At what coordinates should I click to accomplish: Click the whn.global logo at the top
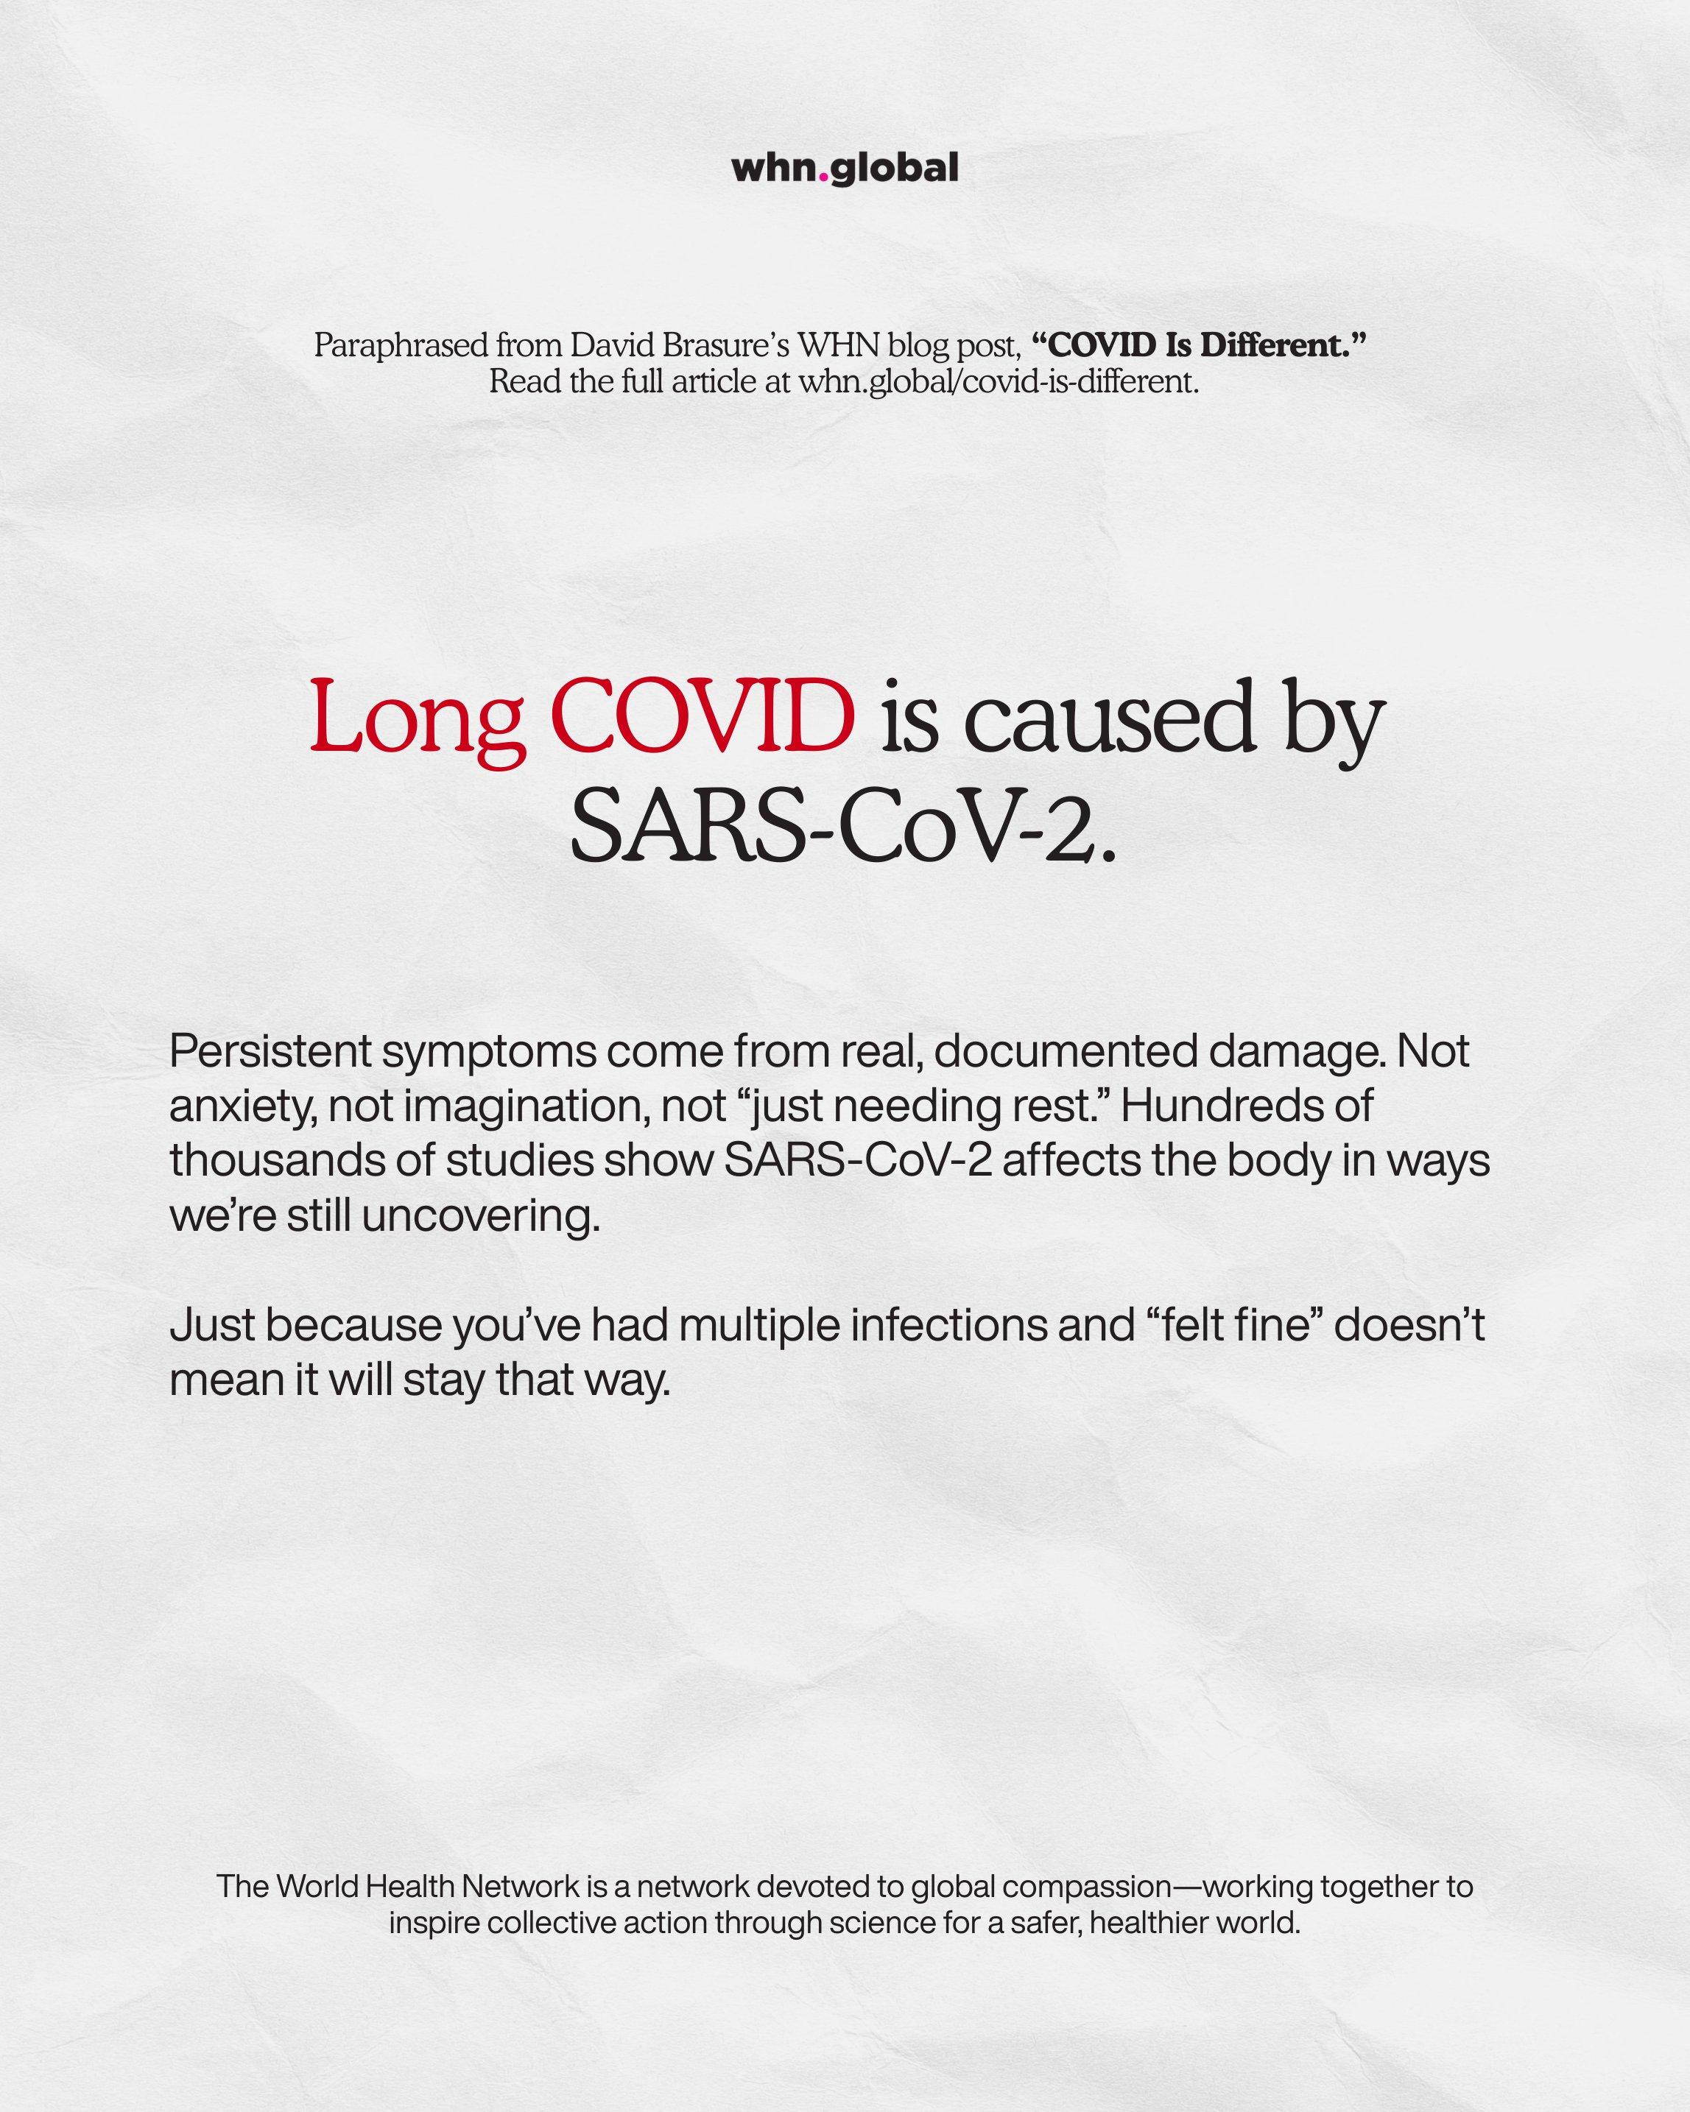(x=845, y=169)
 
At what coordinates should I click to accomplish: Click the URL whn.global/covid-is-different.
(x=997, y=382)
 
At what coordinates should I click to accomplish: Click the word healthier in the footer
(x=1147, y=1950)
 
